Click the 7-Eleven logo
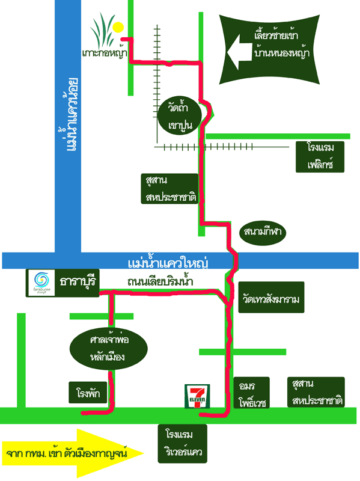(197, 396)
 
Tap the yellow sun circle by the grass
(118, 27)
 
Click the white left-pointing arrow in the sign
(239, 52)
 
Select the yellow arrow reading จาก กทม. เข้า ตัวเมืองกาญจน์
(73, 453)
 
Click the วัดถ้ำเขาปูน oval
(180, 115)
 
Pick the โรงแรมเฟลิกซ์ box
(320, 156)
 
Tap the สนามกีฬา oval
(263, 232)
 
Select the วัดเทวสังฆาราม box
(272, 297)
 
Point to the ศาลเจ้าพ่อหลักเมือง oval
(109, 349)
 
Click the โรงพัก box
(88, 393)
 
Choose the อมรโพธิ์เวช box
(251, 393)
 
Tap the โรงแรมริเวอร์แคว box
(183, 443)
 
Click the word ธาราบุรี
(78, 281)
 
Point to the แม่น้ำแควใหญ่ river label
(168, 263)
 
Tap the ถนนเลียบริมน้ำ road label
(160, 280)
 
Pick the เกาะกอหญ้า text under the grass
(105, 52)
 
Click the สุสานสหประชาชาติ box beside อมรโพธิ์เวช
(316, 392)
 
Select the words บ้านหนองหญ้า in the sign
(281, 52)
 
